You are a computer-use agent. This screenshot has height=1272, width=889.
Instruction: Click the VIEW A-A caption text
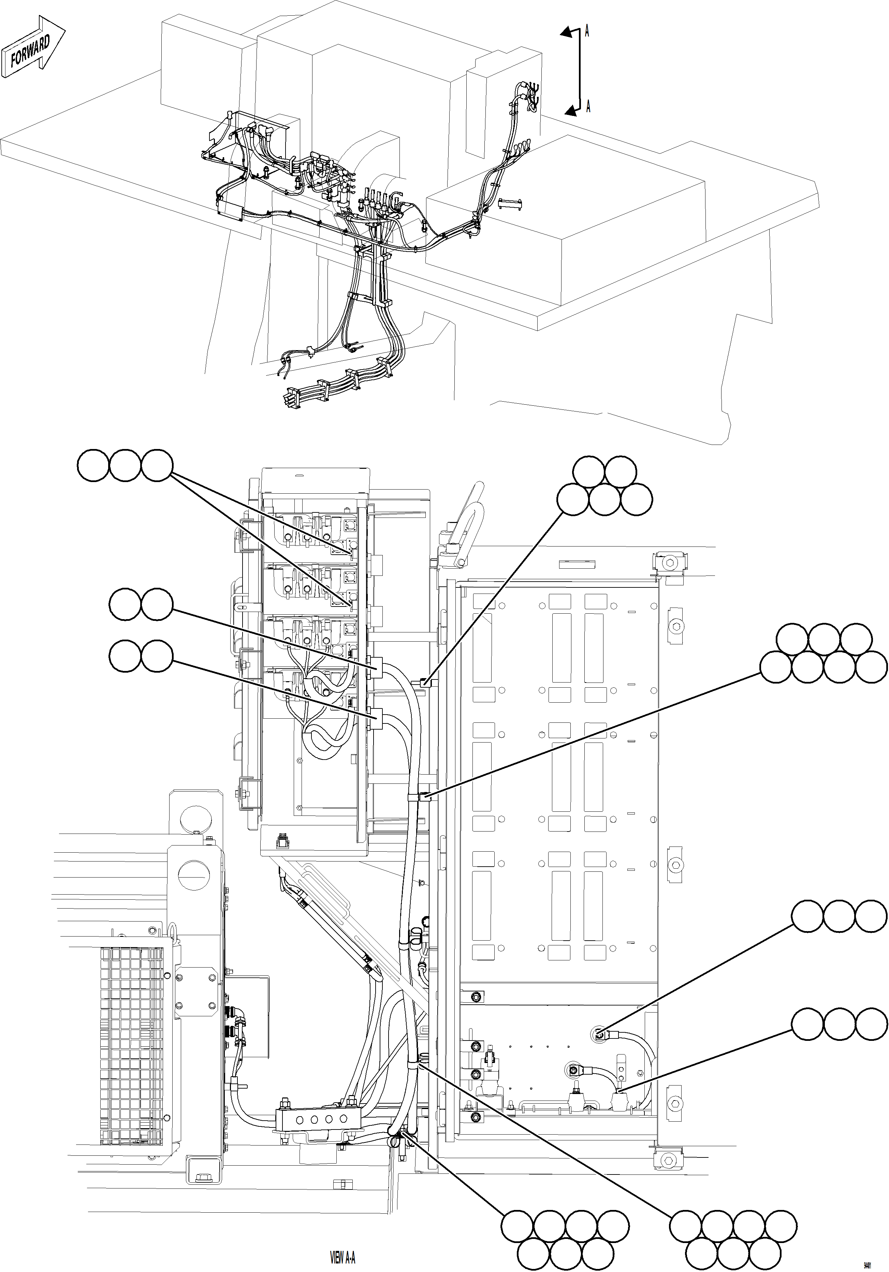coord(343,1258)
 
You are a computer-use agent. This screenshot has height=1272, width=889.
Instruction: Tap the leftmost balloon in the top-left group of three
coord(93,466)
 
